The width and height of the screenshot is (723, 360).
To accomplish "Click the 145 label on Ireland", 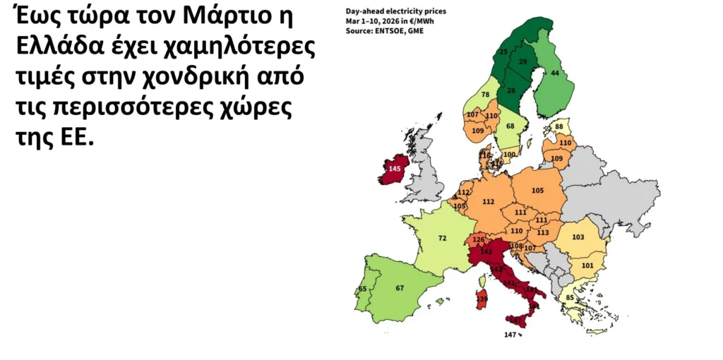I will [395, 169].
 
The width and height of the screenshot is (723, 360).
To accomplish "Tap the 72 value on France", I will [443, 239].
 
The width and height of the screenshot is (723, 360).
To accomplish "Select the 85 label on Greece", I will [569, 297].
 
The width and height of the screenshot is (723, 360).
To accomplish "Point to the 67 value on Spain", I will [399, 287].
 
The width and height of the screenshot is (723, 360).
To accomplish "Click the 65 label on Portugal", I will [363, 289].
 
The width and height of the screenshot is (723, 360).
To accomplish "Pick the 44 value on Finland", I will [556, 73].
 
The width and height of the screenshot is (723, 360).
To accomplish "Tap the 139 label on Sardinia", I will [482, 299].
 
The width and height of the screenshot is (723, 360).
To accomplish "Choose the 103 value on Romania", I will [578, 238].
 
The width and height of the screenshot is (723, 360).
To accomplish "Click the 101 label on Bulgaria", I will [587, 265].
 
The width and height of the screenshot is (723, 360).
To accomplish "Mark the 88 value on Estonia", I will [559, 126].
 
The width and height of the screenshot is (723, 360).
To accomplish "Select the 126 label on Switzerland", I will [479, 239].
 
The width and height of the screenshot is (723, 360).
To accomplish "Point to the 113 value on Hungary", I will [543, 232].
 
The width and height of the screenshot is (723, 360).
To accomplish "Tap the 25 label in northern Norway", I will [503, 52].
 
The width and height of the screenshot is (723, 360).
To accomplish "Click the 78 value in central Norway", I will [485, 95].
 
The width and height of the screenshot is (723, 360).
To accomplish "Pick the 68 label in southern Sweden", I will [510, 126].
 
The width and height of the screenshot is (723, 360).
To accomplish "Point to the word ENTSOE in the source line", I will [386, 31].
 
